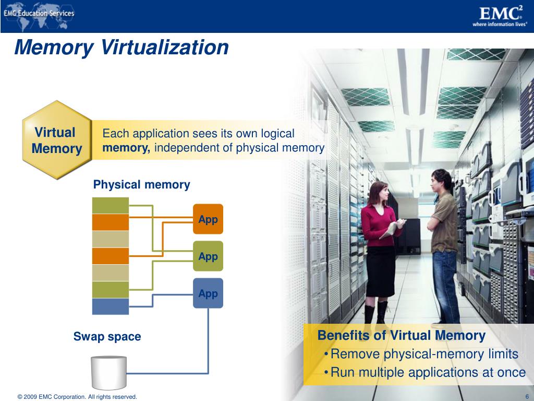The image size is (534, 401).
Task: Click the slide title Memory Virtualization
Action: (121, 48)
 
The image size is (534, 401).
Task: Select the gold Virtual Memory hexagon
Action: (56, 140)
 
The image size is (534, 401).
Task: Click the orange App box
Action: (208, 219)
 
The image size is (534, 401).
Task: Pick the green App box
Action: (208, 256)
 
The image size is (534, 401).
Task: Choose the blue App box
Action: (208, 293)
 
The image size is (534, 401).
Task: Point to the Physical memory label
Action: (141, 185)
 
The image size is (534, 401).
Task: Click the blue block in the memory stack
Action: (110, 306)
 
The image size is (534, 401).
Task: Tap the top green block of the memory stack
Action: (110, 205)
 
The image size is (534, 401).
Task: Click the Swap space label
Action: (107, 337)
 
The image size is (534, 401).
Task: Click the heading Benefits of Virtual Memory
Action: (402, 335)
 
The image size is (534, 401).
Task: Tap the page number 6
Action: (527, 397)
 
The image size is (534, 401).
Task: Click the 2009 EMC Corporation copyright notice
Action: (77, 397)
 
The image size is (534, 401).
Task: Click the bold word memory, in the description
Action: (126, 148)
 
